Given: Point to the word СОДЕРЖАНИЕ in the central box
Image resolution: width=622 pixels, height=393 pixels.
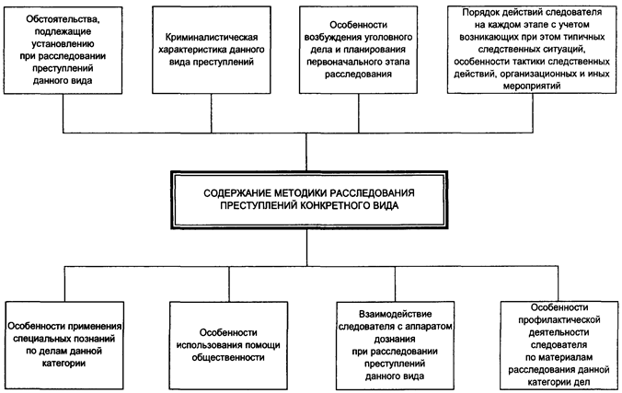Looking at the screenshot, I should point(236,190).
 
